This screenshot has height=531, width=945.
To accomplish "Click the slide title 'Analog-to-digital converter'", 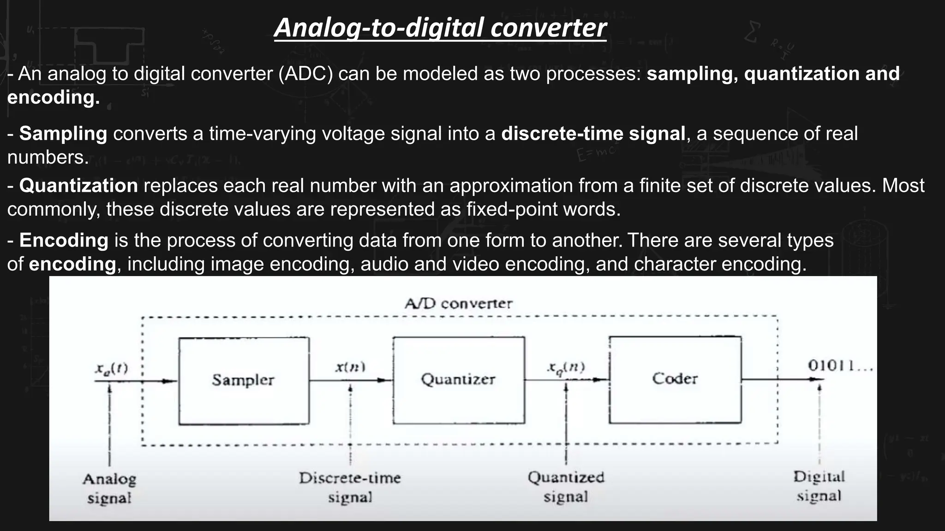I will click(440, 28).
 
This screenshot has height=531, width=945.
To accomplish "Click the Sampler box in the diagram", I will click(244, 380).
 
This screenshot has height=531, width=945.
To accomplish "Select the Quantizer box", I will click(458, 379).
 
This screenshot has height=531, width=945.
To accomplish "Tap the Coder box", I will click(675, 379).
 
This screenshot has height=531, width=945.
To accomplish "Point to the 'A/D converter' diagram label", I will click(458, 304).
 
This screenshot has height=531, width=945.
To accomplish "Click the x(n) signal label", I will click(350, 367).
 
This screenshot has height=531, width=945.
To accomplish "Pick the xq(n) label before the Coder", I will click(566, 367).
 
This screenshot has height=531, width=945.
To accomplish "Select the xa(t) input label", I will click(111, 368).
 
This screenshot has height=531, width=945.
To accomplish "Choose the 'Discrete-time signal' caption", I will click(350, 487).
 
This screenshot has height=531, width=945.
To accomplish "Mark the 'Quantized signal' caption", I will click(566, 487).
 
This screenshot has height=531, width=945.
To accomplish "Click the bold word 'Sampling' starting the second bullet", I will click(63, 134).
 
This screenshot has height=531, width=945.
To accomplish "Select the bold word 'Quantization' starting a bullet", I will click(78, 186).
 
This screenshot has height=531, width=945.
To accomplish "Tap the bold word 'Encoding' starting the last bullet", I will click(64, 241).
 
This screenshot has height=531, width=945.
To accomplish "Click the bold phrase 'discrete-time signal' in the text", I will click(593, 134).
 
